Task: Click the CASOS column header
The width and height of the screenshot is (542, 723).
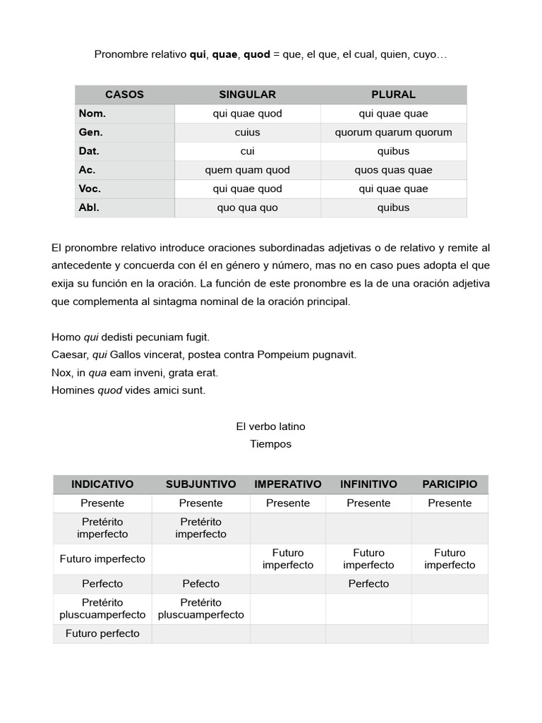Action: (x=124, y=95)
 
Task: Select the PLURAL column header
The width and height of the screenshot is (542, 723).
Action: (x=393, y=95)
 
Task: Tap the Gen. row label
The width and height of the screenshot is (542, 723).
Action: (x=91, y=132)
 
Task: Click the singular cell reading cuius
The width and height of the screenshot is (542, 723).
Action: (x=247, y=132)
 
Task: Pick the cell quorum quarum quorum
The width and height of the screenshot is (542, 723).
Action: (x=393, y=132)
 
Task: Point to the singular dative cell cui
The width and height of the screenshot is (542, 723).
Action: (x=247, y=151)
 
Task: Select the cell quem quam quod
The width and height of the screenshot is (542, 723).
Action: (x=247, y=170)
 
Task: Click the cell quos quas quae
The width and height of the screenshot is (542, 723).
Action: (x=393, y=170)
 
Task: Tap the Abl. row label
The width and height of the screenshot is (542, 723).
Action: (x=89, y=208)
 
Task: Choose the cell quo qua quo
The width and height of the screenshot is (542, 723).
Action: (x=247, y=208)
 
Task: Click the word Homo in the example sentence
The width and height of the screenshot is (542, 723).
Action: (x=66, y=337)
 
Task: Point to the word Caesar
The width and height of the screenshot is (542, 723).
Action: (x=69, y=355)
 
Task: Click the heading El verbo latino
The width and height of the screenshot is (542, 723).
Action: (x=270, y=426)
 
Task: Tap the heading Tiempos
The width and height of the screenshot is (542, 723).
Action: (x=270, y=444)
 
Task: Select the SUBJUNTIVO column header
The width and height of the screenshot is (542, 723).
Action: (x=200, y=484)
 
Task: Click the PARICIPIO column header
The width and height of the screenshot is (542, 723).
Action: (x=450, y=484)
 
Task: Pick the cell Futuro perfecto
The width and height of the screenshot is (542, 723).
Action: (x=102, y=633)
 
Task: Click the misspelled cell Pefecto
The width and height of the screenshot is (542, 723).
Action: (x=200, y=584)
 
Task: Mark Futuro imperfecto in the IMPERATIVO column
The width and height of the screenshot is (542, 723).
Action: (x=287, y=558)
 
